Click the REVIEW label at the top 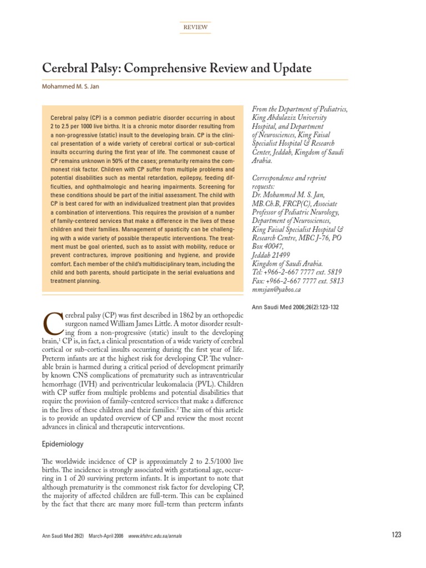coord(195,27)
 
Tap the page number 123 coord(396,535)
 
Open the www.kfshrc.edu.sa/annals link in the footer coord(155,536)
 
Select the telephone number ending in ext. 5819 coord(297,272)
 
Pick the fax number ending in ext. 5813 coord(298,281)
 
